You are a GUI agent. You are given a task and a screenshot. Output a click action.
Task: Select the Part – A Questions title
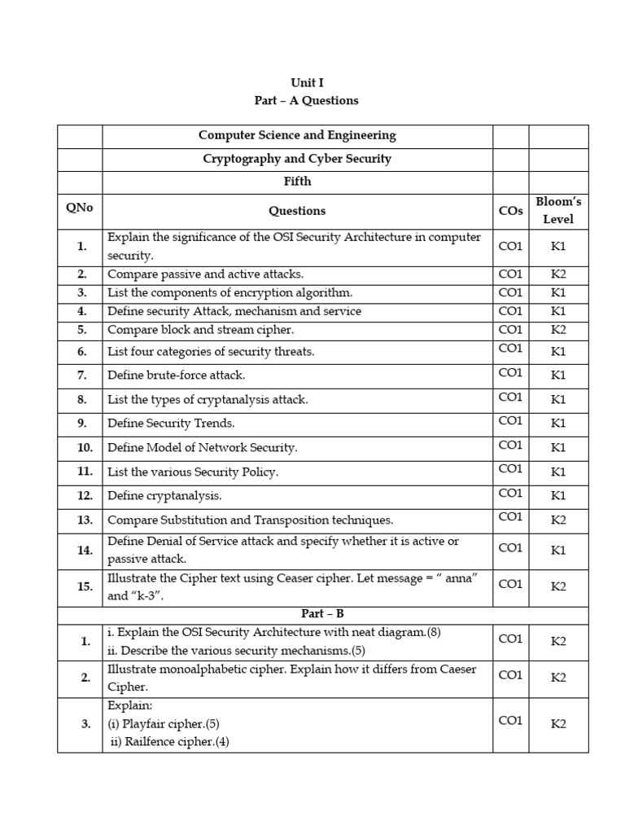click(307, 100)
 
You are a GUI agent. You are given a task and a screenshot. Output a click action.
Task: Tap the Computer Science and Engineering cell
click(297, 135)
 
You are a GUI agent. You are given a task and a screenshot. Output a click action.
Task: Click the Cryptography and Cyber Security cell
click(297, 159)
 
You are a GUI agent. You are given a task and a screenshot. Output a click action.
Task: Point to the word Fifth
click(297, 182)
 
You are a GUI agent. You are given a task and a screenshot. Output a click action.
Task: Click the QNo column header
click(80, 208)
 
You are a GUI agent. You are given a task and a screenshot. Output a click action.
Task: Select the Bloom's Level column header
click(558, 210)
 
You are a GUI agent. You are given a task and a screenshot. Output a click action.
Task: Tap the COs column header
click(510, 211)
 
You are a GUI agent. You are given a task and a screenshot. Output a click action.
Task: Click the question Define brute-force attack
click(177, 375)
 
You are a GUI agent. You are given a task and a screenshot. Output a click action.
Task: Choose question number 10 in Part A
click(85, 448)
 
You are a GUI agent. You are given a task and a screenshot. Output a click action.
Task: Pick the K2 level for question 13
click(558, 520)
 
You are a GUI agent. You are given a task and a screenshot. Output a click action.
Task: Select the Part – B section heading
click(297, 614)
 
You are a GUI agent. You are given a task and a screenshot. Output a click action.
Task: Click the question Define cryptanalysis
click(164, 495)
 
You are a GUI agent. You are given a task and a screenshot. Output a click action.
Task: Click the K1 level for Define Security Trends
click(558, 424)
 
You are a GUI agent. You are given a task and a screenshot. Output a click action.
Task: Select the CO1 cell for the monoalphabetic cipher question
click(510, 675)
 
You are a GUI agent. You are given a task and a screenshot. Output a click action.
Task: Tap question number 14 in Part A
click(85, 550)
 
